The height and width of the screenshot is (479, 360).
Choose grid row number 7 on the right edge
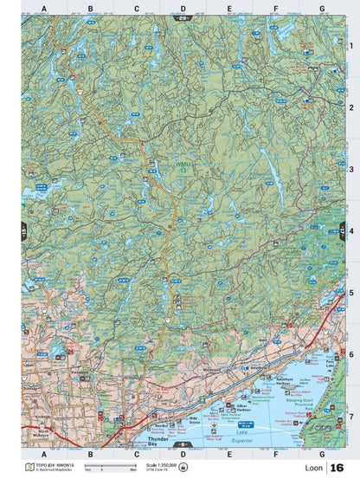pos(350,416)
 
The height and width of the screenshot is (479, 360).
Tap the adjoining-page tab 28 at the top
pos(182,16)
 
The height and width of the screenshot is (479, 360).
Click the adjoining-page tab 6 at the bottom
pos(182,443)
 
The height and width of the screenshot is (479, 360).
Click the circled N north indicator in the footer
pos(183,468)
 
